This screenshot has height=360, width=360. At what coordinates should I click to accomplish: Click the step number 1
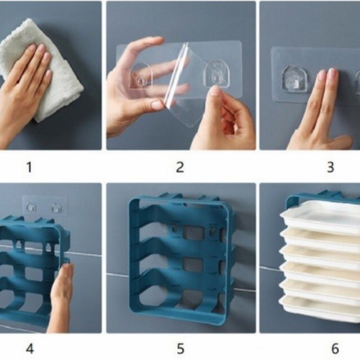click(30, 167)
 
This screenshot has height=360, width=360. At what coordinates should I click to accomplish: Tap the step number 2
click(180, 167)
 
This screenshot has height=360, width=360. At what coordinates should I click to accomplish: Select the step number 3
click(330, 167)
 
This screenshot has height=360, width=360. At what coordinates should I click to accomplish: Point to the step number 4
click(30, 348)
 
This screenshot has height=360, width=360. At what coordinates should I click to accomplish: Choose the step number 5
click(180, 348)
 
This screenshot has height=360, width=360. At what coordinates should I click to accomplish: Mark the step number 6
click(335, 348)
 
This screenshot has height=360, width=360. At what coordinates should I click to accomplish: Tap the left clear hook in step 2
click(141, 76)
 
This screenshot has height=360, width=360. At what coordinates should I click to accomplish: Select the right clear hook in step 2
click(215, 73)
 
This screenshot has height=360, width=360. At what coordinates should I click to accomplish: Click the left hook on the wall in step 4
click(32, 207)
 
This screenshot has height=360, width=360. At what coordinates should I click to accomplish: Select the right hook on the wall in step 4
click(57, 207)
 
